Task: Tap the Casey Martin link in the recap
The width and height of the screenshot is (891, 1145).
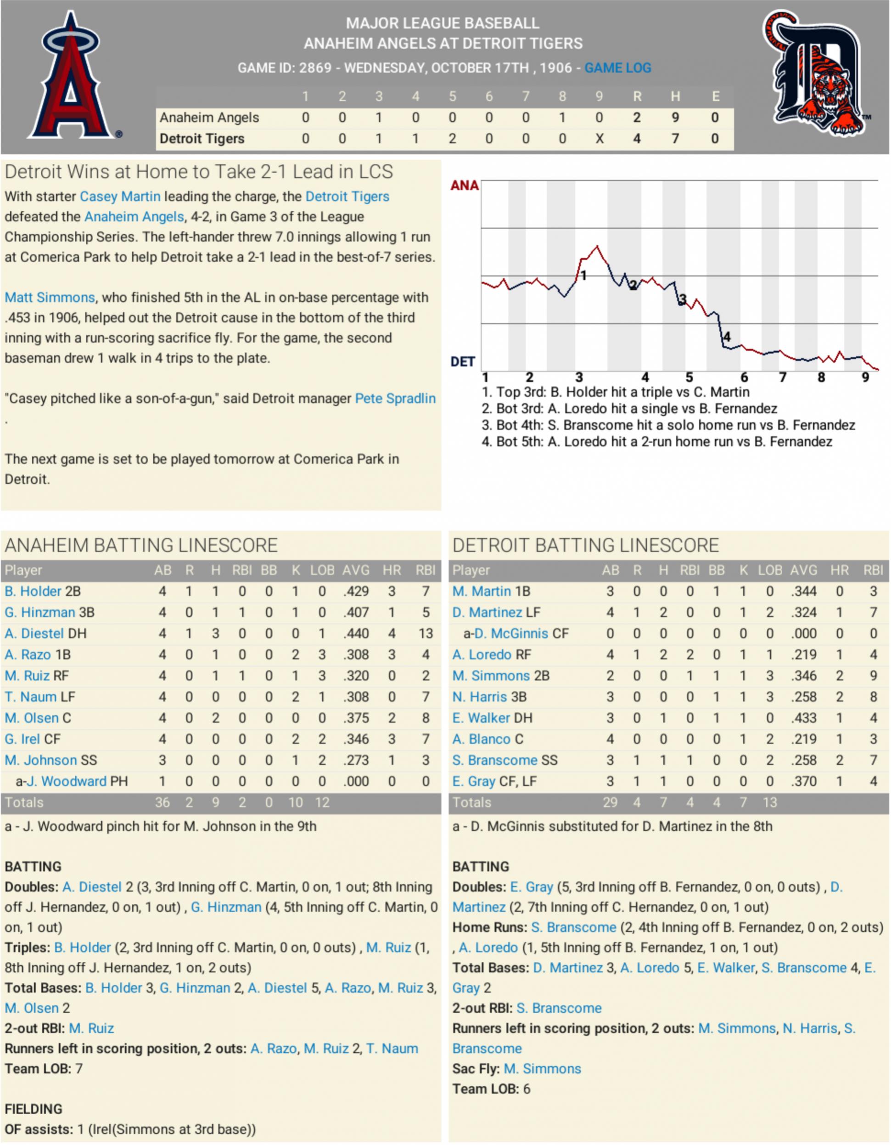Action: (120, 197)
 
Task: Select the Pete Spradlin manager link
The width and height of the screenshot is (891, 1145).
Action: (395, 399)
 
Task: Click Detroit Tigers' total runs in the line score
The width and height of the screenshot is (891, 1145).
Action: (636, 139)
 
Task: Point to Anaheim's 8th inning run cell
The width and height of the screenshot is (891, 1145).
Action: (562, 118)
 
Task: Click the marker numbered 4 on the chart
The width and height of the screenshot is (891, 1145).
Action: (726, 337)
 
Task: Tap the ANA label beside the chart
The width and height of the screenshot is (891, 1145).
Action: (465, 186)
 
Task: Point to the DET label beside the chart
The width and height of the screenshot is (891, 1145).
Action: (462, 362)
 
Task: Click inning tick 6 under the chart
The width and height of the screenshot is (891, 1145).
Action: (744, 378)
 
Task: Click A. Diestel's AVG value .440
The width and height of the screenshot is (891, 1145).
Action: (356, 633)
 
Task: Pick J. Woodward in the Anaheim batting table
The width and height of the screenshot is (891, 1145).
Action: (67, 781)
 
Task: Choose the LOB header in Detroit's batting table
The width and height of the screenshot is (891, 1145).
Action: (769, 570)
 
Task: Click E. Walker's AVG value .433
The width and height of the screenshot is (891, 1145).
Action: (803, 718)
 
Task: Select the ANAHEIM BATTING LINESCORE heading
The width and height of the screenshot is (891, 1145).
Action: (141, 545)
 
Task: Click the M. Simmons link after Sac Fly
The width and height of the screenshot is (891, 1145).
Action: (543, 1068)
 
